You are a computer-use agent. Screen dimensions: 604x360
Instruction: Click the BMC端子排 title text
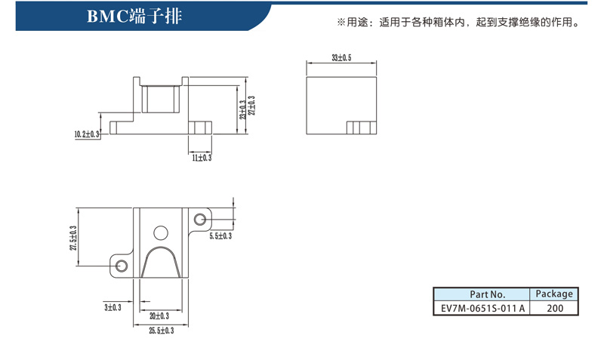point(134,17)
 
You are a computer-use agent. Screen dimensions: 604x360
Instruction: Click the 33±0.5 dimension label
point(341,58)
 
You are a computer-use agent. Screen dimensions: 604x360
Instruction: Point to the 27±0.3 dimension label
point(251,106)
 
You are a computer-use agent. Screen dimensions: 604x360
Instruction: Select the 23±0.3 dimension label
point(242,109)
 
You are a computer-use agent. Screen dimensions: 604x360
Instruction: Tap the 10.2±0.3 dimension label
point(87,134)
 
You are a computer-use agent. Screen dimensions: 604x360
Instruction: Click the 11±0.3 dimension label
point(202,158)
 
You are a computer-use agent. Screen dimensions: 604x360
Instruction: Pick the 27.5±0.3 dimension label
point(73,238)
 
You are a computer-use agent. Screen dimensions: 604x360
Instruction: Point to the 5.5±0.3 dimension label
point(220,235)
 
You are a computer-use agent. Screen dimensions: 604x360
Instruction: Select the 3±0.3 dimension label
point(112,307)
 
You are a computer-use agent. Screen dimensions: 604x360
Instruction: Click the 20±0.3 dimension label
point(159,316)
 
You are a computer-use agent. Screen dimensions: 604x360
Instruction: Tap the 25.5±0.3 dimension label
point(162,331)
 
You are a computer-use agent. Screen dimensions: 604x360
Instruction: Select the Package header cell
point(554,294)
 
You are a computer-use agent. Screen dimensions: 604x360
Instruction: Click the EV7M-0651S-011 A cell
point(482,308)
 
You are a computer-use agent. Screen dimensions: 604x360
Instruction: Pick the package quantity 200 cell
point(554,308)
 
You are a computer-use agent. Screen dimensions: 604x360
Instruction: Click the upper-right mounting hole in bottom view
point(199,220)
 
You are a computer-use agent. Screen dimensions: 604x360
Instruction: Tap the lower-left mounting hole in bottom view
point(122,266)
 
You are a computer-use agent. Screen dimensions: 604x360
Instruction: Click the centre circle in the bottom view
point(161,233)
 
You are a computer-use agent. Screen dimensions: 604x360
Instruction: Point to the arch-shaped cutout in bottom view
point(161,248)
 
